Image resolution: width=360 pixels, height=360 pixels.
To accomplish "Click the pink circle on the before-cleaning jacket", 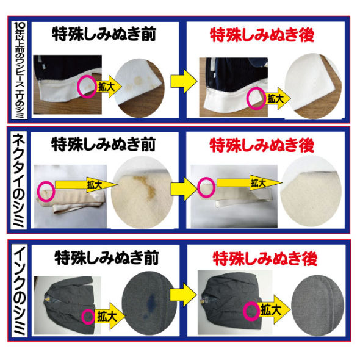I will [89, 317].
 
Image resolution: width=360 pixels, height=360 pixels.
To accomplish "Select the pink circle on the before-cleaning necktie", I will [45, 191].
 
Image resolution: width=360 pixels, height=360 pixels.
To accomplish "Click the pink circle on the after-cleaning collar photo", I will [256, 98].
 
